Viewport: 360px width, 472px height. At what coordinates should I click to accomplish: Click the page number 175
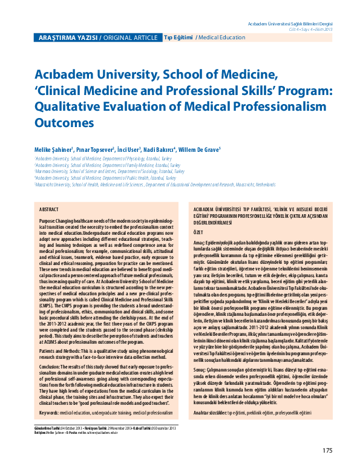(x=327, y=450)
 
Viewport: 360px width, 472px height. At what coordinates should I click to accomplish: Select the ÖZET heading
(x=197, y=232)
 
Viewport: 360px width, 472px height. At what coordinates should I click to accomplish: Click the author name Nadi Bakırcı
(x=158, y=149)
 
